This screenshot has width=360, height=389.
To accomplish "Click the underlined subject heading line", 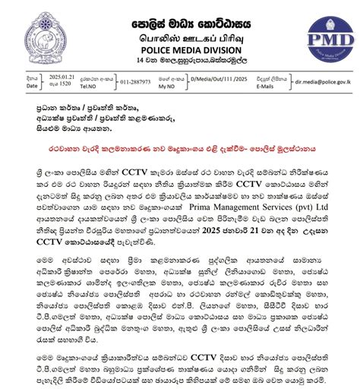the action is (x=181, y=141).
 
